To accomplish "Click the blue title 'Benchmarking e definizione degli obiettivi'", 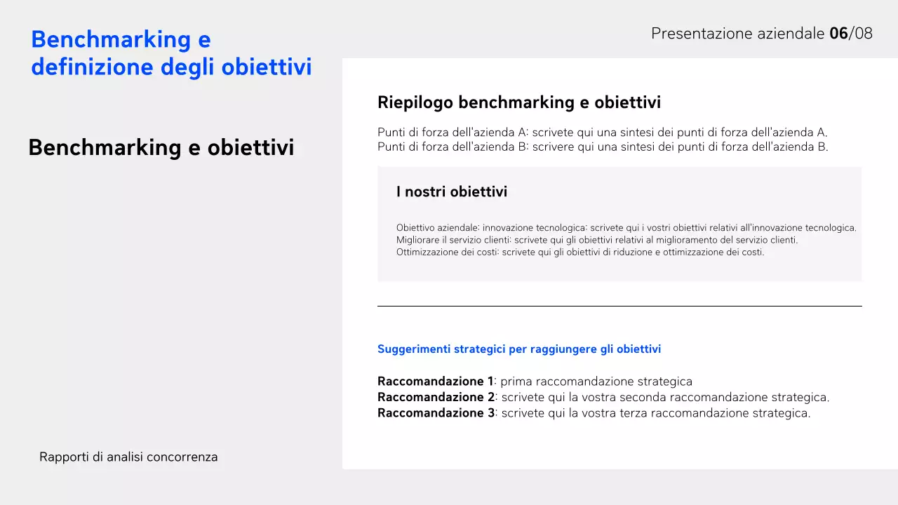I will click(171, 53).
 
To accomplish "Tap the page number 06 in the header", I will click(838, 33).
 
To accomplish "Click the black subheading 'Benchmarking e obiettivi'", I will click(161, 147).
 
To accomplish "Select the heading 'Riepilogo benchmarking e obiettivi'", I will click(519, 102).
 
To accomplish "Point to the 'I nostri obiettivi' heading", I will click(451, 191).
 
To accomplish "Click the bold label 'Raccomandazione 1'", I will click(435, 382).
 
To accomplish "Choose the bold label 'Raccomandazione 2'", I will click(436, 397).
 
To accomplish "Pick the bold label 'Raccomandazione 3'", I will click(436, 413).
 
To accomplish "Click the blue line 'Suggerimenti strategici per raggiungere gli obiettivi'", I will click(519, 349).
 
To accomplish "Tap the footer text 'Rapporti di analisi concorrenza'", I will click(128, 457).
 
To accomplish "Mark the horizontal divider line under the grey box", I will click(619, 306).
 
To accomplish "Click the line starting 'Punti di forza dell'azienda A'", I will click(602, 132).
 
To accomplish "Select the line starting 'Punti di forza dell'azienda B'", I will click(602, 147).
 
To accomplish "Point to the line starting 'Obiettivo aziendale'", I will click(626, 228).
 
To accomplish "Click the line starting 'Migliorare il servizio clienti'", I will click(596, 240).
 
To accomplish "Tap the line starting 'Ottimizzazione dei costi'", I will click(579, 252).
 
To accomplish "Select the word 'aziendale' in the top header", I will click(791, 33).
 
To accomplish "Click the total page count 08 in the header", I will click(863, 33).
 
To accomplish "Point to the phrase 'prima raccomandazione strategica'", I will click(596, 382).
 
